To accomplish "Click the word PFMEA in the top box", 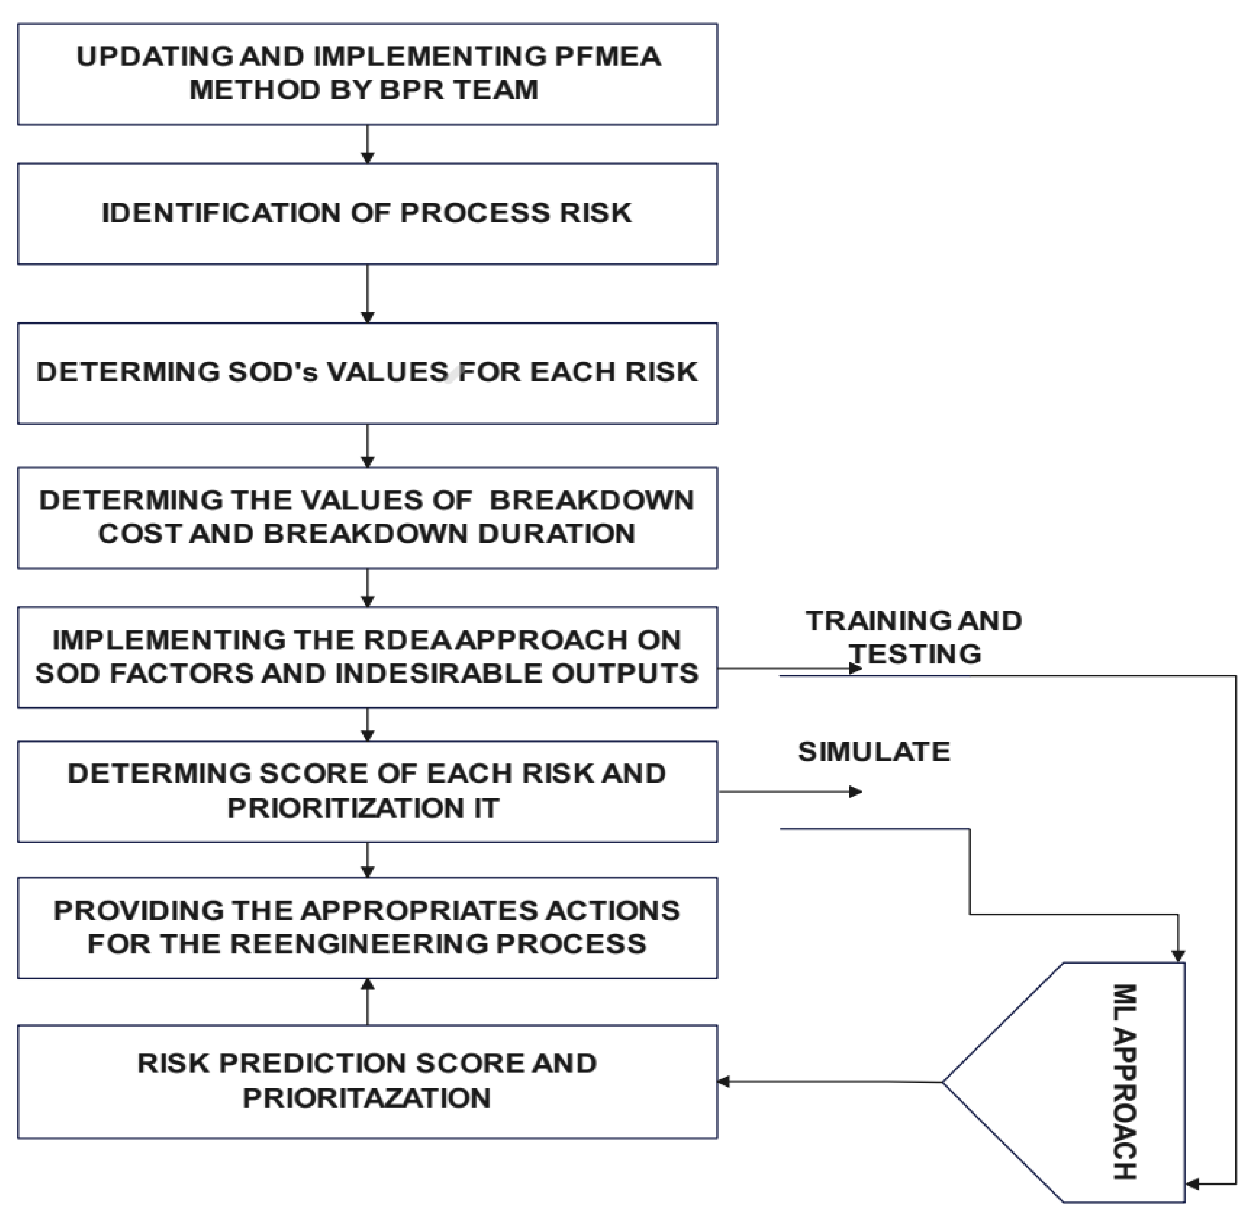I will (607, 56).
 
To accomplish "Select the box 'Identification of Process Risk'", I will (367, 214).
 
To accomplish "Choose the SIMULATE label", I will (873, 752).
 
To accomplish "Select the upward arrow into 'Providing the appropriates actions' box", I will (367, 1002).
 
